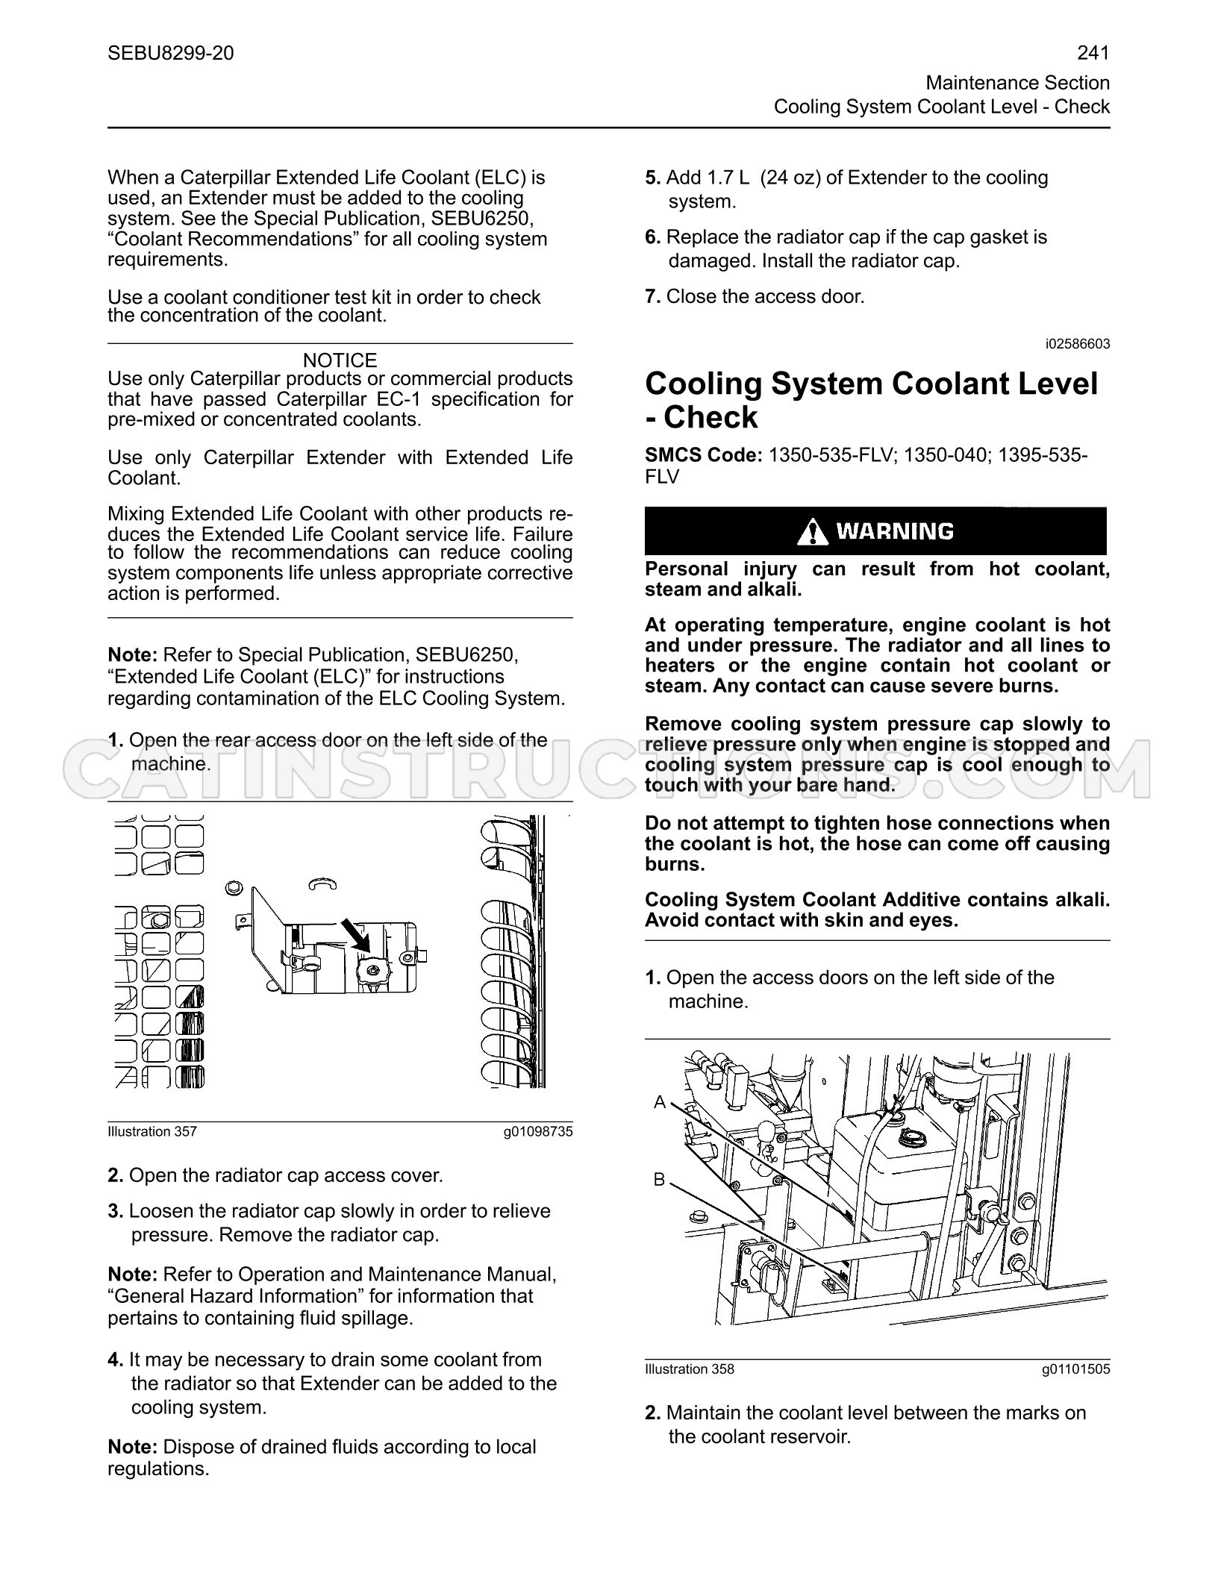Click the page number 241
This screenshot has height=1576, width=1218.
pos(1093,53)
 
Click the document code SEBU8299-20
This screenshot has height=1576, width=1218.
pos(171,53)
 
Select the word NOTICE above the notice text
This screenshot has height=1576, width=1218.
pos(340,360)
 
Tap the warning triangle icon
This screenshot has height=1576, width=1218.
pos(812,531)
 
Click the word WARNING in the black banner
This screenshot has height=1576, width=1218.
pos(895,531)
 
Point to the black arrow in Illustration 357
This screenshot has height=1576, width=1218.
pos(355,935)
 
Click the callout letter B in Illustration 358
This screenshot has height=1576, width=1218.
pos(660,1180)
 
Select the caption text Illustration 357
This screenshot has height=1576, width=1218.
pos(152,1131)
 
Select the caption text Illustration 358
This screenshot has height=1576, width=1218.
pos(690,1369)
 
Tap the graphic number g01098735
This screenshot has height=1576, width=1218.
pos(538,1131)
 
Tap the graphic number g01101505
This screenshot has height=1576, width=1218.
pos(1075,1369)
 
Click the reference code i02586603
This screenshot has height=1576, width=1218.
pos(1078,344)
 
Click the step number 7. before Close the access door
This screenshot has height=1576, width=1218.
pos(653,297)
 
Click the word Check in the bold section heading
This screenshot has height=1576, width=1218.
pos(710,417)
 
